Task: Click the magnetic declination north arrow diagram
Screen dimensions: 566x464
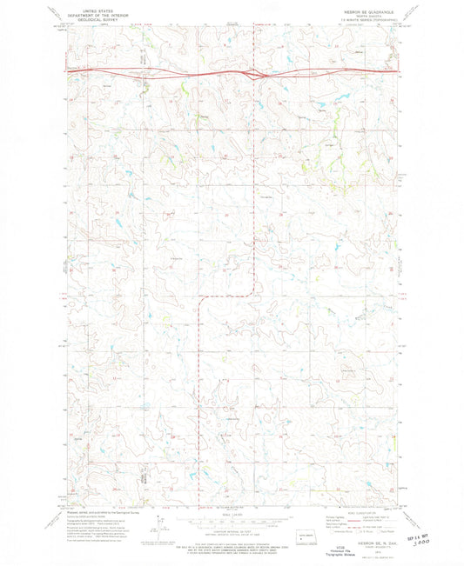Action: [x=160, y=528]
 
